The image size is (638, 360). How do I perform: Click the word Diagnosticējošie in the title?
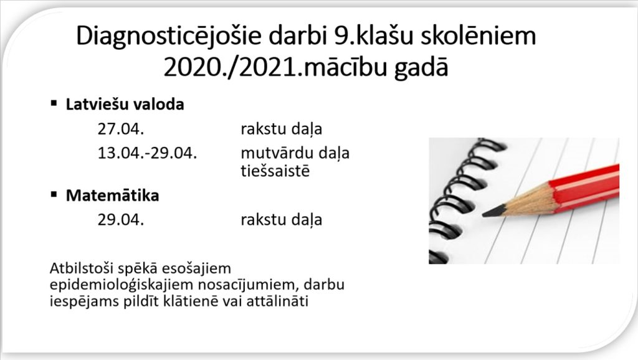click(x=168, y=36)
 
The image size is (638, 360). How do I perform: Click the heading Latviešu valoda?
click(x=125, y=105)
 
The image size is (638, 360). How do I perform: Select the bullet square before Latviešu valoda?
click(x=54, y=103)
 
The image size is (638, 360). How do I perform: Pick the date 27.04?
click(x=121, y=129)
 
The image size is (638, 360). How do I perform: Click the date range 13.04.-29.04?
click(x=147, y=153)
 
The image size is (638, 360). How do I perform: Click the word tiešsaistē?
click(x=275, y=171)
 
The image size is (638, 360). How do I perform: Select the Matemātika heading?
click(x=112, y=195)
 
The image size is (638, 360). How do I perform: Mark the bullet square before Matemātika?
click(x=54, y=194)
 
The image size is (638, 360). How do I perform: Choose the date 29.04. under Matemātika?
click(x=121, y=220)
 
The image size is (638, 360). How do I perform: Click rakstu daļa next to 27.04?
click(x=281, y=130)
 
